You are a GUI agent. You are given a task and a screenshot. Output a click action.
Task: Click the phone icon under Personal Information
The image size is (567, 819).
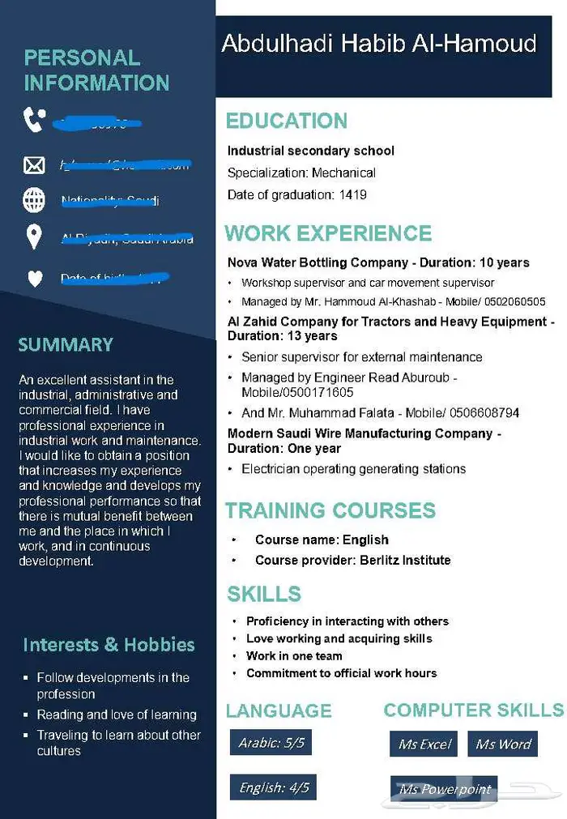(x=34, y=121)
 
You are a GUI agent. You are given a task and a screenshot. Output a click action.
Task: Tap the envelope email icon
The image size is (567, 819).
(x=34, y=165)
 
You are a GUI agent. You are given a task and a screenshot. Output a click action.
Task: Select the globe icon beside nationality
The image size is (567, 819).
(x=34, y=199)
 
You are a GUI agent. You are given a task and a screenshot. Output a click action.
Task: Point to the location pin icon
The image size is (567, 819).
(x=34, y=237)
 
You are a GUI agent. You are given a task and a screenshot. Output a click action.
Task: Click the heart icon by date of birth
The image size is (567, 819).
(x=34, y=279)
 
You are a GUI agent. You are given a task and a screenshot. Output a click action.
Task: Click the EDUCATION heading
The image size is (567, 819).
(x=286, y=122)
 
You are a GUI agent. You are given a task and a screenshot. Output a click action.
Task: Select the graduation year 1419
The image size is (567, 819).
(x=353, y=194)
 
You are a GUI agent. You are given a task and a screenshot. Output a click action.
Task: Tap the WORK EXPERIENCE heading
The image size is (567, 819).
(x=328, y=233)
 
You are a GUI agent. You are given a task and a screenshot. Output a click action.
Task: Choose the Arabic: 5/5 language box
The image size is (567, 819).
(x=271, y=743)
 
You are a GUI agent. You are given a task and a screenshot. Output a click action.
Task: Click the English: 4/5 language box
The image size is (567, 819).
(x=274, y=787)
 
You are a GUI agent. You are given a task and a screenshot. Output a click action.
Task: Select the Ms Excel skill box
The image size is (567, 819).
(x=424, y=744)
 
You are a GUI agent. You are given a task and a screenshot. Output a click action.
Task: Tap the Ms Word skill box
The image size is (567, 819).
(x=503, y=744)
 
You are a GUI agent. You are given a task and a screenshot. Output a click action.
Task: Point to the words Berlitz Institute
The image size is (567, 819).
(x=405, y=561)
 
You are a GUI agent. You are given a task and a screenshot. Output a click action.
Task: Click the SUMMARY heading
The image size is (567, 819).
(x=66, y=345)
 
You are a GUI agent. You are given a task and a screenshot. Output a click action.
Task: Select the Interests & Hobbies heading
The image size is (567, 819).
(x=109, y=645)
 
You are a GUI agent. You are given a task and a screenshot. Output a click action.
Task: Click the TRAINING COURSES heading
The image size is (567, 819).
(x=330, y=511)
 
